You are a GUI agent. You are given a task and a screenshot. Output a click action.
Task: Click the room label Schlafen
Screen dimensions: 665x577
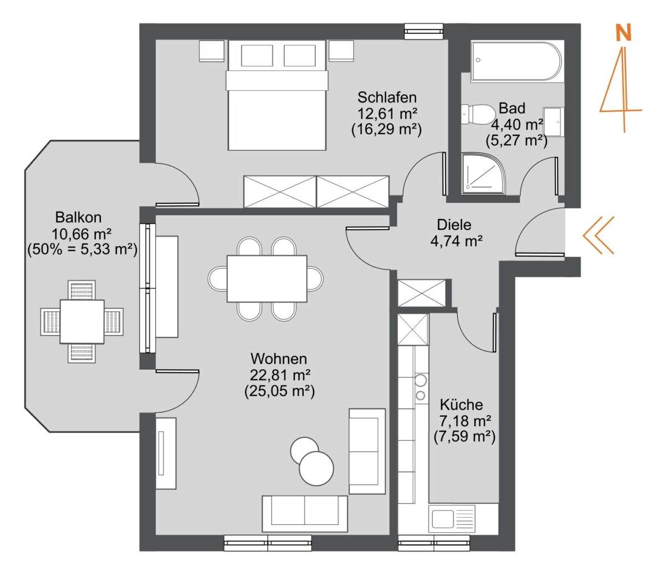[386, 97]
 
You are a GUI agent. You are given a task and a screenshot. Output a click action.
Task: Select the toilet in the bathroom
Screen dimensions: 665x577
[478, 114]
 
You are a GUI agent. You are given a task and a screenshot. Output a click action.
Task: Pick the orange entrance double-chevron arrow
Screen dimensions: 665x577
[598, 234]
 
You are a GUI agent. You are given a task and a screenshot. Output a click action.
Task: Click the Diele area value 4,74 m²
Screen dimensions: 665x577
[456, 241]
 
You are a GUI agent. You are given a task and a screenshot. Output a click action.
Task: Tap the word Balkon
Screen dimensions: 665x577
[78, 217]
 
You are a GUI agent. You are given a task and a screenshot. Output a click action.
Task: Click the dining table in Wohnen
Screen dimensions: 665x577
[267, 279]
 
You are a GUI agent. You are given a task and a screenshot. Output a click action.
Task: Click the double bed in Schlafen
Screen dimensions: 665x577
[277, 95]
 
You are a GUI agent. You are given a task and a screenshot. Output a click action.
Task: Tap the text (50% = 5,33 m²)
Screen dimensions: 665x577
[82, 249]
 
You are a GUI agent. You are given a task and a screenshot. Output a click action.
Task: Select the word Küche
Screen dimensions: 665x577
[461, 405]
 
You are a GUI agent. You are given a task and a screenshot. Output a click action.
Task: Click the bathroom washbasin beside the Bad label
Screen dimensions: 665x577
[554, 121]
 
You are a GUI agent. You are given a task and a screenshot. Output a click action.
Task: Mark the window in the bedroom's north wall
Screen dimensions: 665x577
[424, 32]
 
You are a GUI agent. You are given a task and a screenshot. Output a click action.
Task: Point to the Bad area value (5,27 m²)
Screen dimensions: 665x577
[516, 140]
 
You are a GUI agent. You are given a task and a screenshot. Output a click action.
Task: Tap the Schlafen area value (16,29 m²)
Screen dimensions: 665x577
[386, 129]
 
